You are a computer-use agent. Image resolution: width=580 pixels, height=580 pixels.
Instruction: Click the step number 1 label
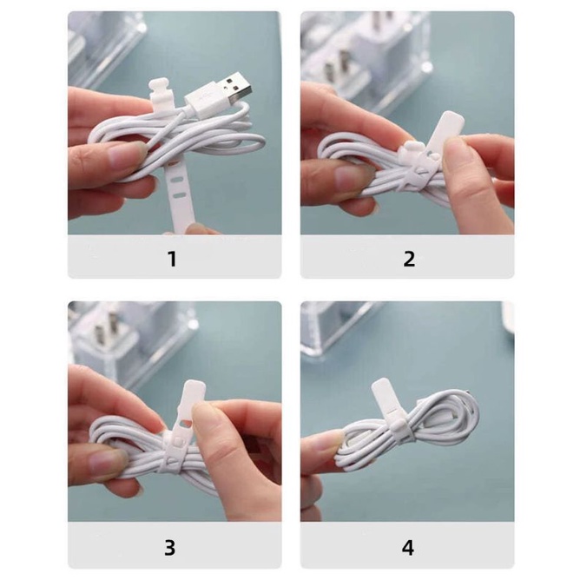pyautogui.click(x=172, y=259)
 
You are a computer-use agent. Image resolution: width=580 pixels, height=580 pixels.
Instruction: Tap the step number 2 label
pyautogui.click(x=409, y=259)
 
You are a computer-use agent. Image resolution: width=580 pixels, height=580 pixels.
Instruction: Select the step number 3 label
pyautogui.click(x=170, y=548)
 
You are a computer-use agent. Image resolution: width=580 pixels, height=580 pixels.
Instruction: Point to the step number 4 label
pyautogui.click(x=408, y=548)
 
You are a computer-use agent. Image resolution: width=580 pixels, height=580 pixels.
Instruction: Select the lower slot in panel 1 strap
pyautogui.click(x=180, y=195)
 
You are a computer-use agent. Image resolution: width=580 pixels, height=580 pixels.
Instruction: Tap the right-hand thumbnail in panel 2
pyautogui.click(x=457, y=147)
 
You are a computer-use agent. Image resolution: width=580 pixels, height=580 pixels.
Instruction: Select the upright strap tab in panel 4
pyautogui.click(x=385, y=403)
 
